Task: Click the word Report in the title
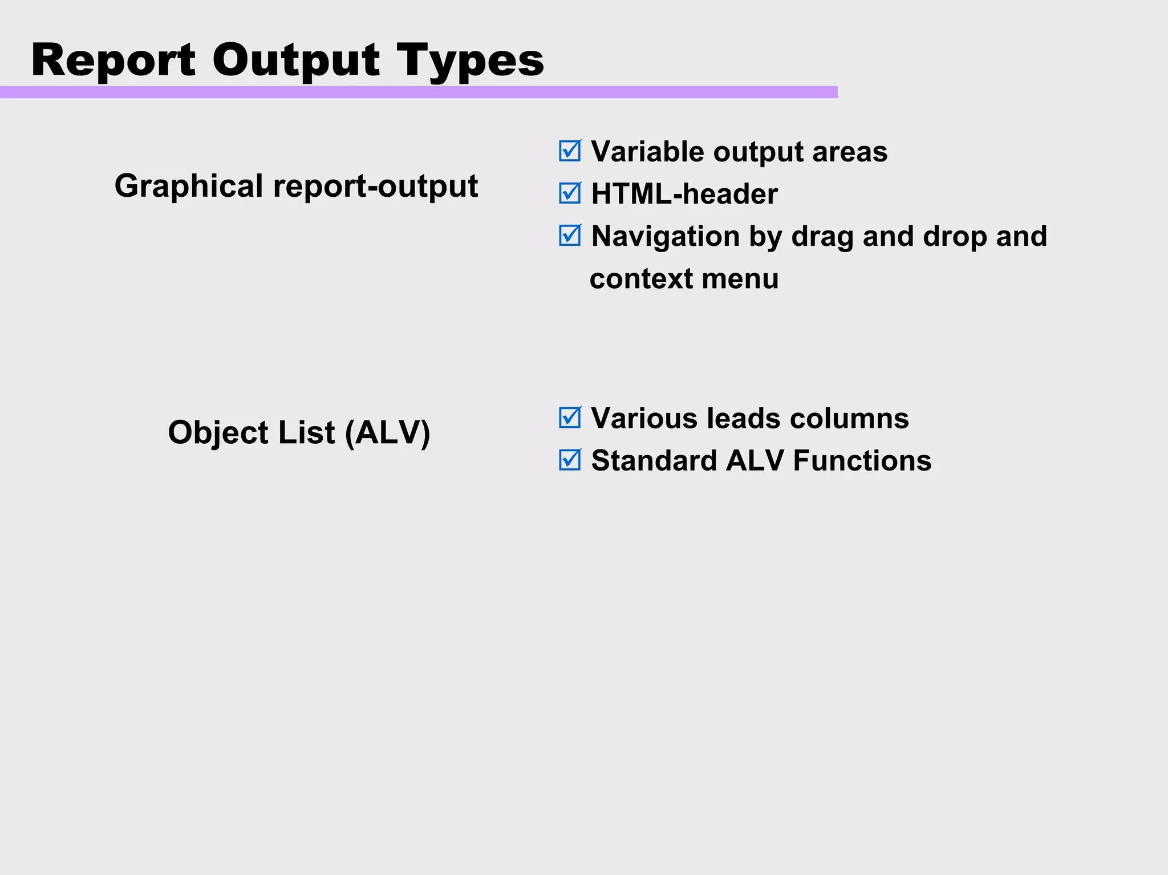(x=113, y=60)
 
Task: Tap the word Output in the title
(x=295, y=60)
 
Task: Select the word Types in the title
(x=470, y=61)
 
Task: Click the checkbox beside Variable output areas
(x=570, y=151)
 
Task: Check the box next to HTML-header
(x=570, y=193)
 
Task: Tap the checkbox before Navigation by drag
(x=570, y=236)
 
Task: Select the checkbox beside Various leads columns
(x=570, y=418)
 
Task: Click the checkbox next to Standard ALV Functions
(x=570, y=460)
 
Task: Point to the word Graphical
(x=189, y=186)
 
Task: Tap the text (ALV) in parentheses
(x=387, y=432)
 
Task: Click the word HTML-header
(x=684, y=194)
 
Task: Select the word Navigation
(x=664, y=236)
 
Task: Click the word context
(x=641, y=279)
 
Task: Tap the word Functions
(x=862, y=460)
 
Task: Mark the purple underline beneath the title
(x=419, y=92)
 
